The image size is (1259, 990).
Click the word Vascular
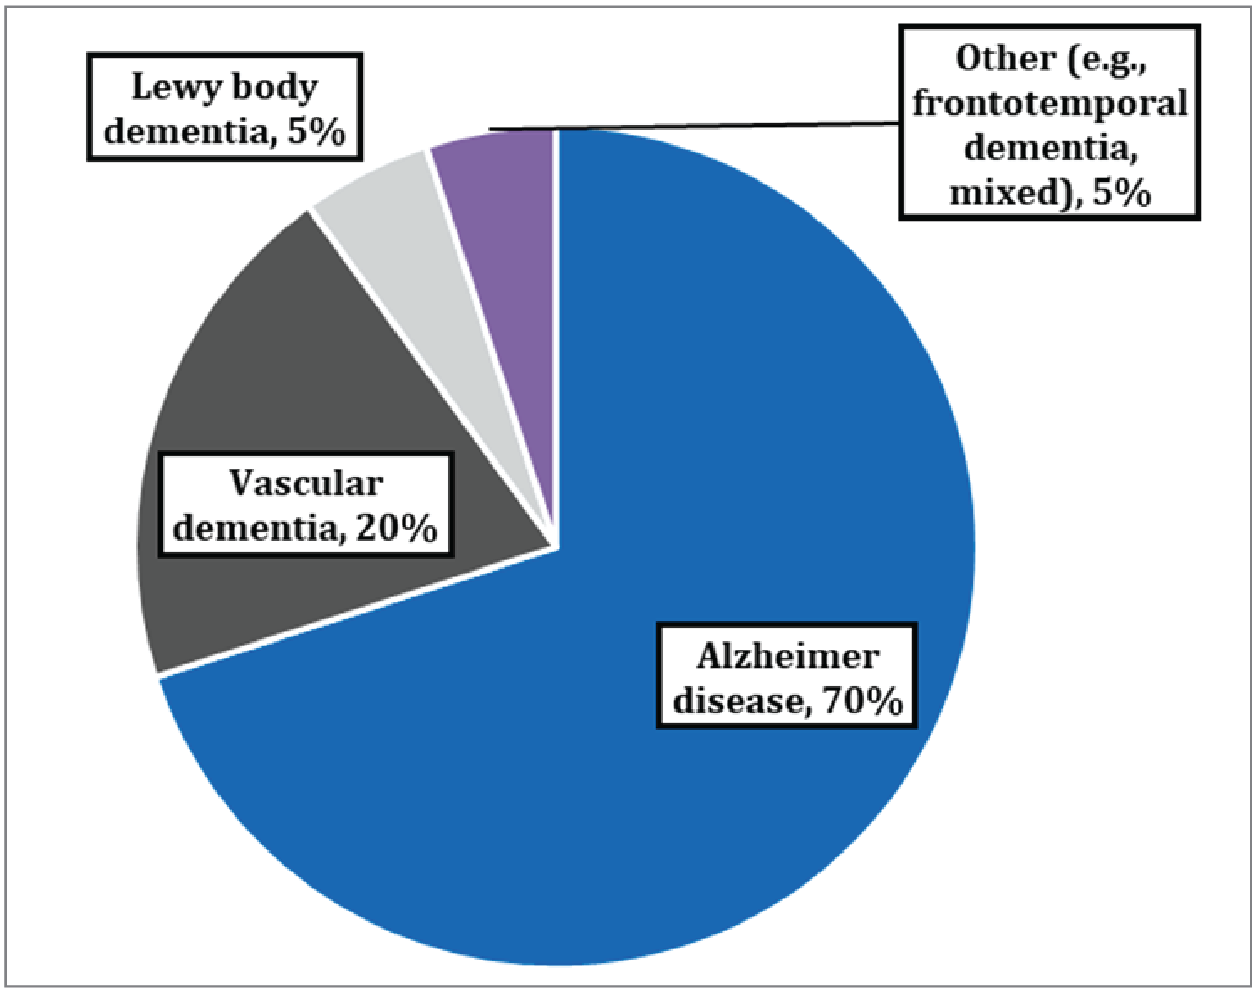point(306,484)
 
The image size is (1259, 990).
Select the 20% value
point(396,529)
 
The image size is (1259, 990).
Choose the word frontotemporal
point(1050,105)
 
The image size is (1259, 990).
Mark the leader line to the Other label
point(696,125)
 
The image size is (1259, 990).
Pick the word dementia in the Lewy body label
point(186,132)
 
